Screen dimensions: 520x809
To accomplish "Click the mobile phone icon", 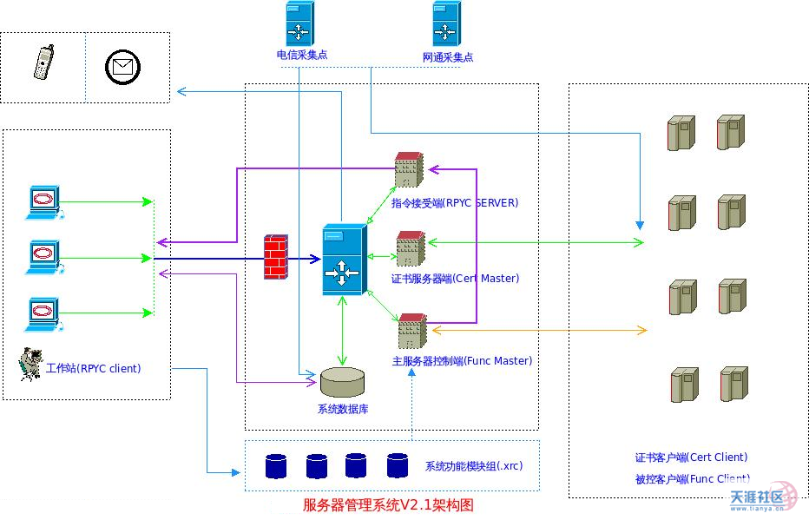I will pyautogui.click(x=42, y=65).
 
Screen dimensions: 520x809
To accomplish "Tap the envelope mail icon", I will pyautogui.click(x=122, y=67).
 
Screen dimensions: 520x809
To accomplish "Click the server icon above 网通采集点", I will pyautogui.click(x=445, y=23).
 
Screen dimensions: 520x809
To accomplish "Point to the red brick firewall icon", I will pyautogui.click(x=275, y=256).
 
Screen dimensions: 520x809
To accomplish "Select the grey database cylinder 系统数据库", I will pyautogui.click(x=342, y=382).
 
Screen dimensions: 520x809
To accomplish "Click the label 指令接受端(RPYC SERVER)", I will pyautogui.click(x=454, y=203).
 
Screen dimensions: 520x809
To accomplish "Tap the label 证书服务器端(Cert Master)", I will pyautogui.click(x=455, y=279).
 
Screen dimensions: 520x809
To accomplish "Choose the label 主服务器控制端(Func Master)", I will pyautogui.click(x=462, y=360).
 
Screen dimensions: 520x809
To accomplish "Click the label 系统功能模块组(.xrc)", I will pyautogui.click(x=474, y=466).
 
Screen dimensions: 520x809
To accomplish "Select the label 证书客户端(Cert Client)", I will pyautogui.click(x=691, y=457).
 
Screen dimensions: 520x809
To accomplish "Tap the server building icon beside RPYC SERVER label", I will pyautogui.click(x=408, y=170).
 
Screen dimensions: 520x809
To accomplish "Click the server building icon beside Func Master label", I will pyautogui.click(x=411, y=331).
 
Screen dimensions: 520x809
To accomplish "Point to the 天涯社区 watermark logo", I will pyautogui.click(x=762, y=498).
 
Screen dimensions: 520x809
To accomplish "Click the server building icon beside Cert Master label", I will pyautogui.click(x=410, y=248).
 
